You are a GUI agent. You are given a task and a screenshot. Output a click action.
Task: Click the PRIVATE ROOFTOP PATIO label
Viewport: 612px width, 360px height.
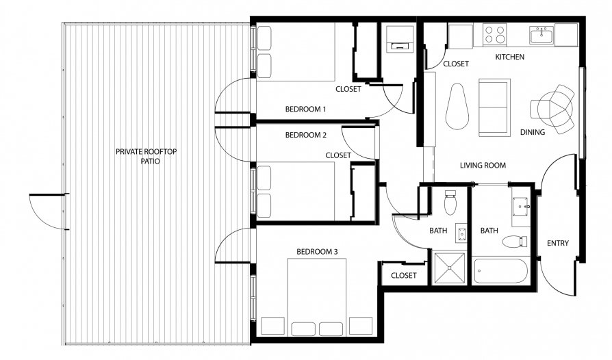coord(146,156)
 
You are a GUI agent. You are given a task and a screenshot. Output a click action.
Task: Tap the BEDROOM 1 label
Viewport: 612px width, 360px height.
coord(305,110)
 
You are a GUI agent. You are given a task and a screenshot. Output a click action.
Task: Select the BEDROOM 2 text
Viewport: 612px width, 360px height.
coord(305,135)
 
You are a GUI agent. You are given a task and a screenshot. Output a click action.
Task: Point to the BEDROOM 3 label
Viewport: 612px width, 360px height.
coord(317,252)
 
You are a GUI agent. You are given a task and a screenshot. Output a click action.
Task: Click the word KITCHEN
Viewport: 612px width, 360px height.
coord(510,57)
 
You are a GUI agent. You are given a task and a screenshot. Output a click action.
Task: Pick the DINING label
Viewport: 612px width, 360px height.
coord(533,132)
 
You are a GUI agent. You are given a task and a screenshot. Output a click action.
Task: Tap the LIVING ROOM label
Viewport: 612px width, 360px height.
coord(483,166)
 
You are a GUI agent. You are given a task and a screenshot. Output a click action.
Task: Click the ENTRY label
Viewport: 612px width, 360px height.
coord(558,244)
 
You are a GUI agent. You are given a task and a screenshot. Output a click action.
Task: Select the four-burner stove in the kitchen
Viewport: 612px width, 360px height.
coord(494,34)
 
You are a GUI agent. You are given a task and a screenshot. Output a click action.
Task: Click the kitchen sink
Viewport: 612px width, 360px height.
coord(541,35)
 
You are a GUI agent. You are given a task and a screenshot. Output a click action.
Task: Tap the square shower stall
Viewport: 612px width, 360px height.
coord(450,268)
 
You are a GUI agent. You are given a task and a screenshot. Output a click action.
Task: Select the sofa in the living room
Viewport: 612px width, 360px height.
coord(494,107)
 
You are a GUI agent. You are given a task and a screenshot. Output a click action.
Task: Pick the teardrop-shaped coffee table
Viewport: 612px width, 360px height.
coord(457,106)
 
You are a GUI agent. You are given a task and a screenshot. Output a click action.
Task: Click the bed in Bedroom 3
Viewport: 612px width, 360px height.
coord(316,297)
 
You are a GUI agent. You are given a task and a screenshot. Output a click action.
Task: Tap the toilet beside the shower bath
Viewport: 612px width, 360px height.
coord(450,202)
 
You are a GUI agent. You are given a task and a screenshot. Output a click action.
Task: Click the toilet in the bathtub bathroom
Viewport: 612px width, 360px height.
coord(515,242)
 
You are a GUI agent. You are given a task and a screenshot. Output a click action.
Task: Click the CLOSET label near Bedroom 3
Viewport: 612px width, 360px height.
coord(404,275)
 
